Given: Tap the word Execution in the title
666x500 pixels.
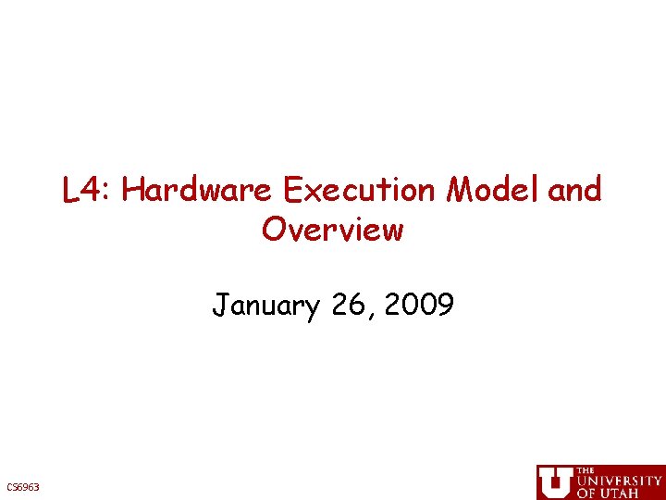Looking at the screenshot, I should [359, 192].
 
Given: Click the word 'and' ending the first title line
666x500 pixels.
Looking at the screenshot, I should [574, 192].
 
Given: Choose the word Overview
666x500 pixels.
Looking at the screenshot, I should [333, 229].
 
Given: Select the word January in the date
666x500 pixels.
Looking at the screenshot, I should [265, 305].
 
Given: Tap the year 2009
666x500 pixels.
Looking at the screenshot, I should [421, 305].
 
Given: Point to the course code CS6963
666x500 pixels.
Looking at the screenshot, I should [23, 487].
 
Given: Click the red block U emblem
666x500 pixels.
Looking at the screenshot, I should [555, 481].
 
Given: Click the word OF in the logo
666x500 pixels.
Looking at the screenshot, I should [586, 494].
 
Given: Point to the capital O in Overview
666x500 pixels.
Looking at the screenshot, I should [273, 229].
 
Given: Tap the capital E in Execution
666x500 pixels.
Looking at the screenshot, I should [294, 192].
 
